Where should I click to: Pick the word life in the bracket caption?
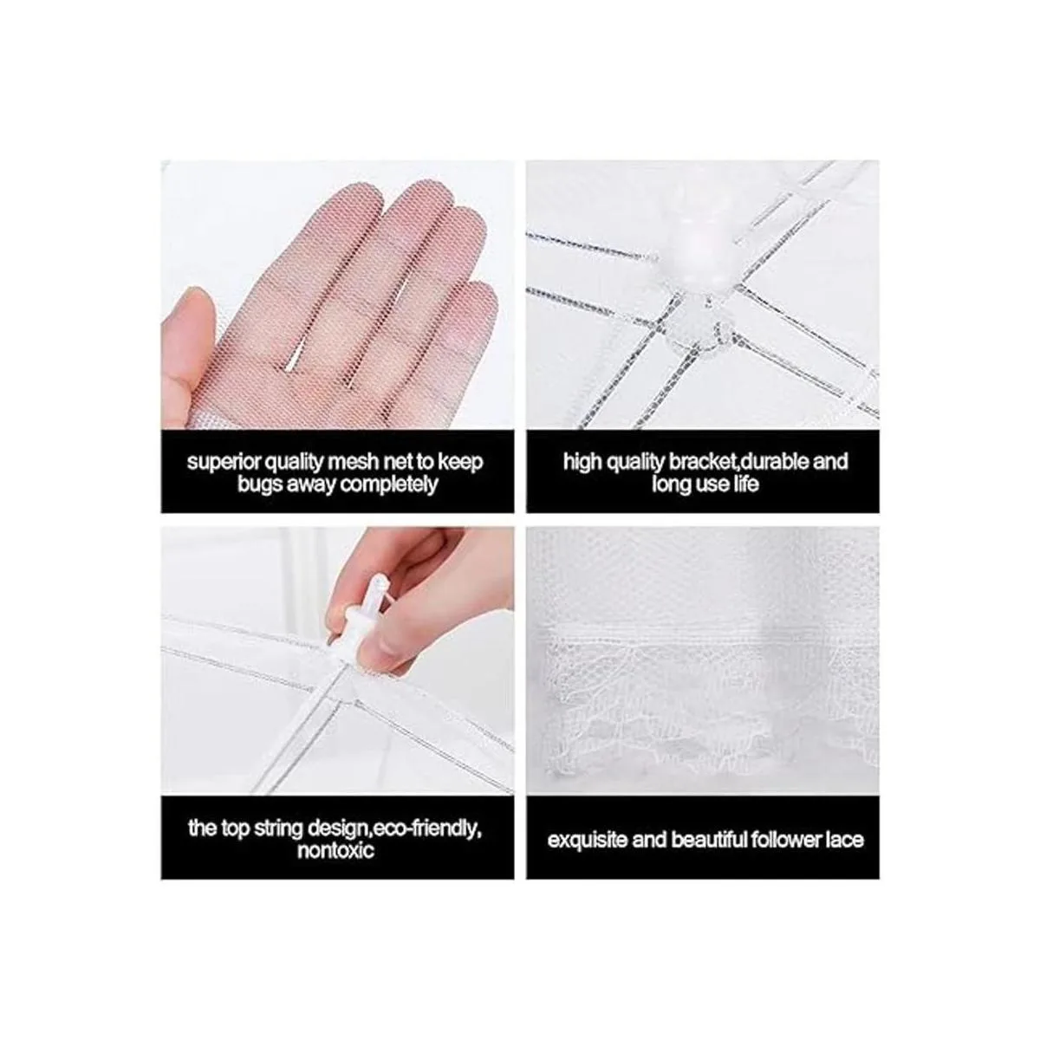[744, 484]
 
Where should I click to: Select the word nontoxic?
[335, 850]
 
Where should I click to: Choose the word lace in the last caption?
[845, 840]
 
